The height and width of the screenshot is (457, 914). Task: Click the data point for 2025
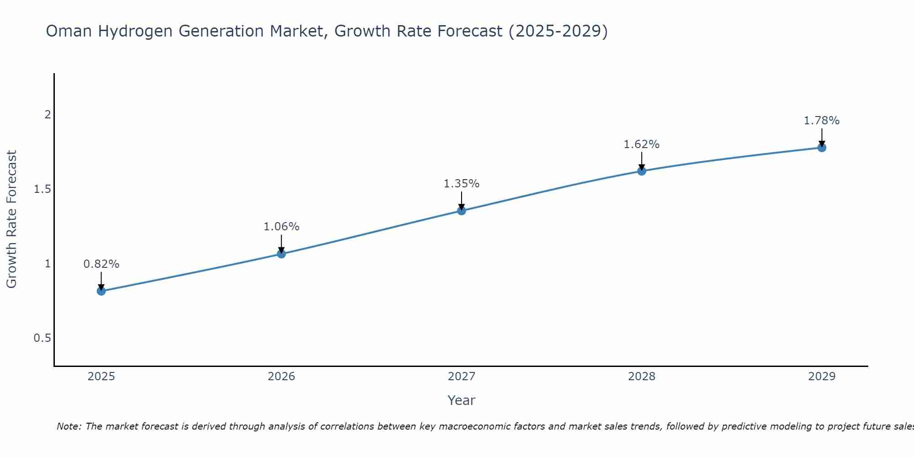coord(101,291)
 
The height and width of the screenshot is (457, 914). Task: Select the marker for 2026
coord(282,254)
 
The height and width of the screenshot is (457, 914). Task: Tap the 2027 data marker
coord(462,211)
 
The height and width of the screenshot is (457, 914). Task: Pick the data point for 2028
coord(642,171)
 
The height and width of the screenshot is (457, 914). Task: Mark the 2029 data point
coord(822,148)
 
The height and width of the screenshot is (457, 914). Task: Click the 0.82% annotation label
coord(101,264)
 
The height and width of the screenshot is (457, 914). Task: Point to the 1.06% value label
coord(282,227)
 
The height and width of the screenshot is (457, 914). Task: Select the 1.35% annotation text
coord(462,184)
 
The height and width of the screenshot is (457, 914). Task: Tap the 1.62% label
coord(642,144)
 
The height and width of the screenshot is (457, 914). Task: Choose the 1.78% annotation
coord(822,121)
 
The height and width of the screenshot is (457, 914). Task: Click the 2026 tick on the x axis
coord(282,377)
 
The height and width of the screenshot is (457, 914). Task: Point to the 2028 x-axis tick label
coord(642,377)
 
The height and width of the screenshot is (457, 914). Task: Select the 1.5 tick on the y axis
coord(42,189)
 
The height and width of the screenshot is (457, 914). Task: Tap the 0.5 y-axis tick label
coord(42,338)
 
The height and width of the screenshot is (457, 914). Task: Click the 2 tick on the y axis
coord(47,115)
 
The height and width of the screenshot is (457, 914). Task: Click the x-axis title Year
coord(462,400)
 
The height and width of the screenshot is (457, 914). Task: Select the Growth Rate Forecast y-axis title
coord(11,219)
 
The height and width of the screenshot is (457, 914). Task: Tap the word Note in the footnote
coord(69,426)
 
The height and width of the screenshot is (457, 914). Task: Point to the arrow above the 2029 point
coord(822,138)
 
